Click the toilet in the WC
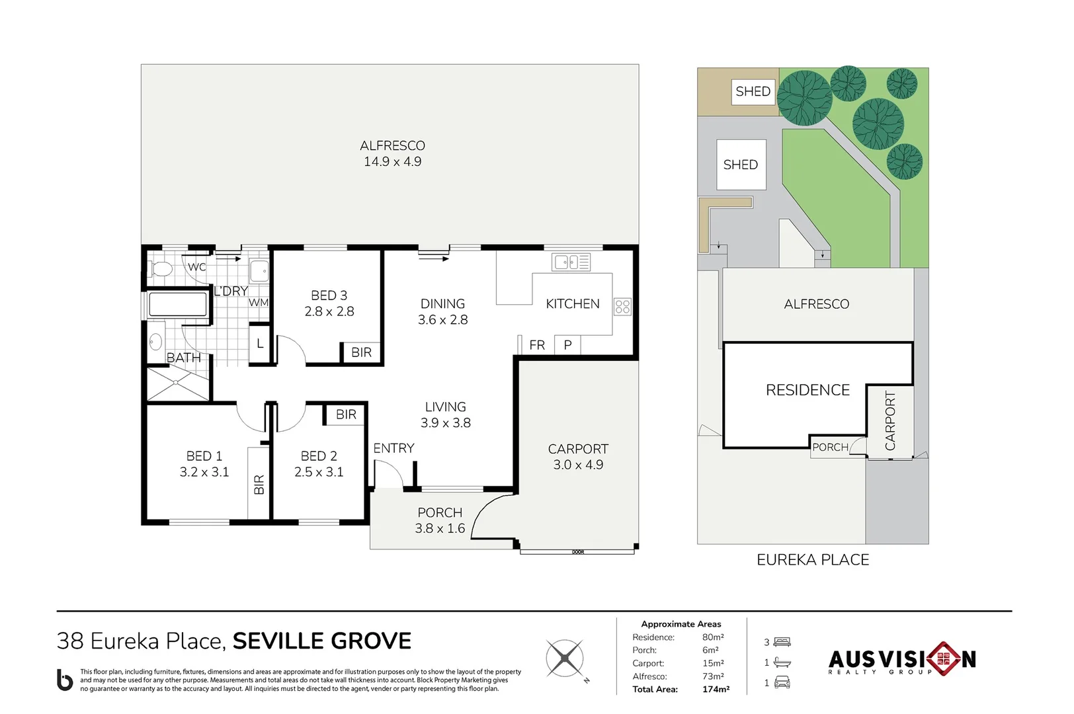click(161, 269)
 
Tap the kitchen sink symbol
click(571, 262)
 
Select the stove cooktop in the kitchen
click(622, 306)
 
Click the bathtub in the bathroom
click(178, 305)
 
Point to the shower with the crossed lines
click(177, 383)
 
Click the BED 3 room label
click(329, 296)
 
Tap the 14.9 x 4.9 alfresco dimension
click(392, 162)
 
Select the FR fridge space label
click(537, 345)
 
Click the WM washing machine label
click(259, 303)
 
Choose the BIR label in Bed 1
click(259, 484)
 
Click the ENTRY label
click(393, 448)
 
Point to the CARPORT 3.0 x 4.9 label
click(578, 457)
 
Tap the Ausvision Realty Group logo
click(901, 658)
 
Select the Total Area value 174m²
click(716, 689)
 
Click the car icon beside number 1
click(782, 682)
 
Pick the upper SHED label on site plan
click(753, 91)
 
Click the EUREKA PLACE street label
click(813, 560)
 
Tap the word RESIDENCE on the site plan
click(807, 390)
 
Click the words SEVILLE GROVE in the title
click(321, 641)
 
